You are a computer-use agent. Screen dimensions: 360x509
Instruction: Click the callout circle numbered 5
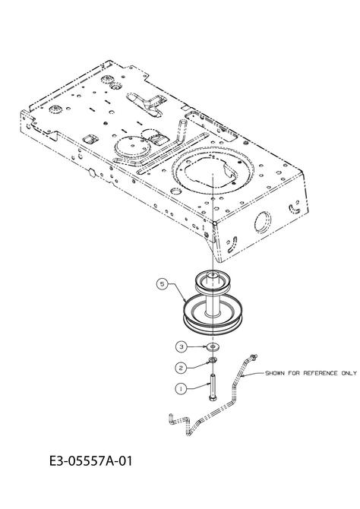click(x=163, y=284)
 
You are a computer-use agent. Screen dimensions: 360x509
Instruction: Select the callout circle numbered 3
click(x=182, y=346)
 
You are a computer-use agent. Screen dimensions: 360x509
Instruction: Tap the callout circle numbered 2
click(x=181, y=368)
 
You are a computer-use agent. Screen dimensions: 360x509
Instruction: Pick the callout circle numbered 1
click(x=181, y=388)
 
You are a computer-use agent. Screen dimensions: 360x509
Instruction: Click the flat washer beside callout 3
click(x=213, y=347)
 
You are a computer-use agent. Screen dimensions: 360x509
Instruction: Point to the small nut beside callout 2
click(x=213, y=359)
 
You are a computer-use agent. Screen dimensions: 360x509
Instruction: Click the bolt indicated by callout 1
click(x=213, y=387)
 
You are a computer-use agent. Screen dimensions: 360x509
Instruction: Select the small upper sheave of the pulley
click(x=213, y=281)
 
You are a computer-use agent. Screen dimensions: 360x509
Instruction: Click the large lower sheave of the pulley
click(x=213, y=317)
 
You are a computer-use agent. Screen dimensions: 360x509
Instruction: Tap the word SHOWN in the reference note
click(x=275, y=373)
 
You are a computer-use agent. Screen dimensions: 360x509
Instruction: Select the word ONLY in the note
click(x=349, y=373)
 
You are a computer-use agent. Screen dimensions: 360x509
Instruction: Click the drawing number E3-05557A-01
click(x=91, y=461)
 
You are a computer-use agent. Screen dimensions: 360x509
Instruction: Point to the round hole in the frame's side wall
click(x=262, y=222)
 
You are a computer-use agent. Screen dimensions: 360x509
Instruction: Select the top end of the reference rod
click(x=254, y=357)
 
